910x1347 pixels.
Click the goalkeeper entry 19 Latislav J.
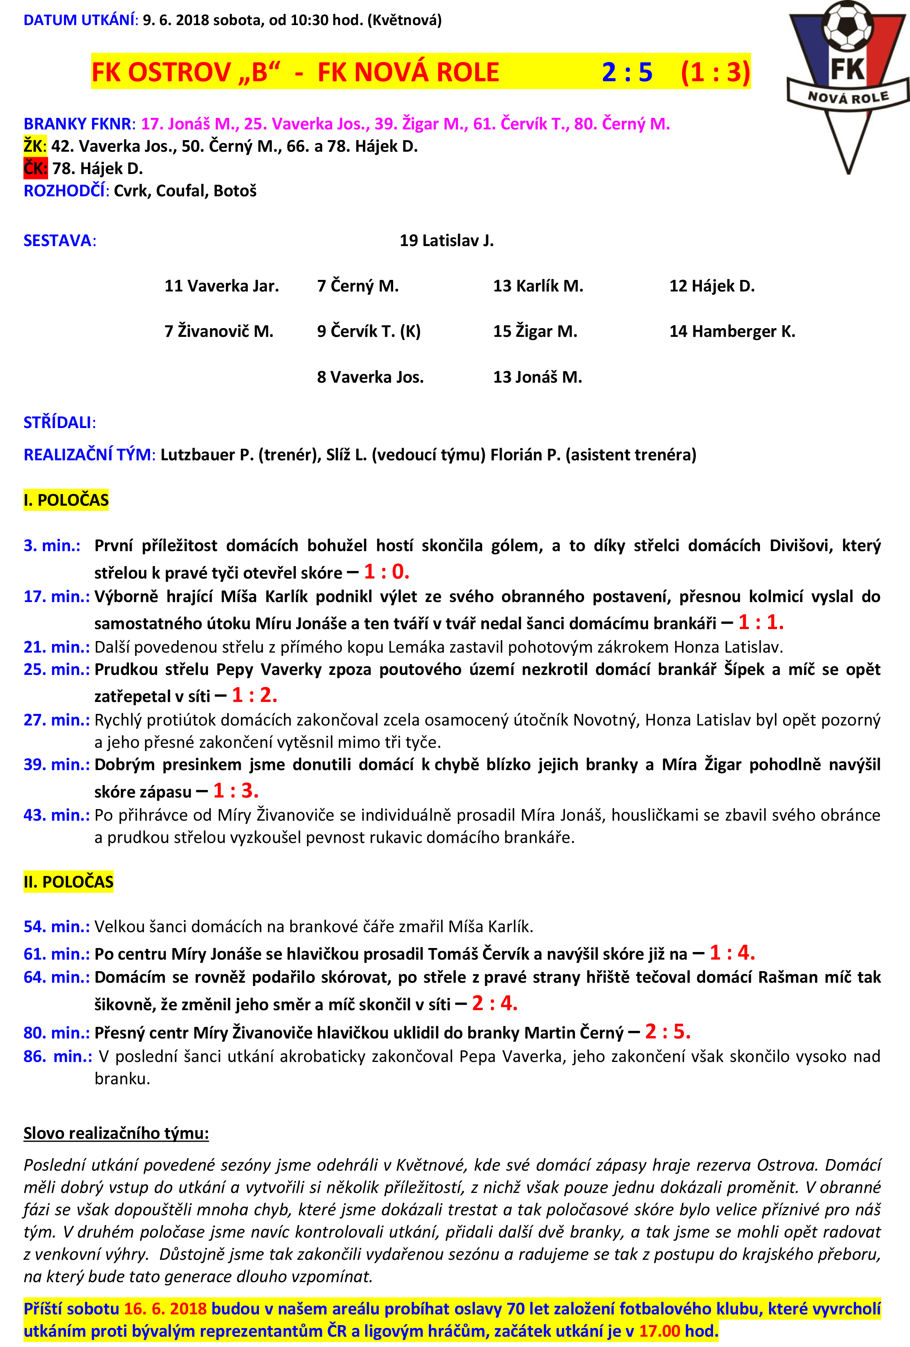point(446,240)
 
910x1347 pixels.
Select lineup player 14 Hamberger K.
point(732,332)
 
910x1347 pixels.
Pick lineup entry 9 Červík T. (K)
point(368,332)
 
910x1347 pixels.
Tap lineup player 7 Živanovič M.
point(218,332)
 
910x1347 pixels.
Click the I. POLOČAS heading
point(66,500)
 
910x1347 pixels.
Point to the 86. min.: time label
point(57,1056)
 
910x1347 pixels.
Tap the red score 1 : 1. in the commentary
point(760,622)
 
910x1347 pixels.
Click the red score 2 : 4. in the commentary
point(495,1003)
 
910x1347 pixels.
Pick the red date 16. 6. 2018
point(165,1309)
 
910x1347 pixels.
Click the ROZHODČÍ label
point(64,191)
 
